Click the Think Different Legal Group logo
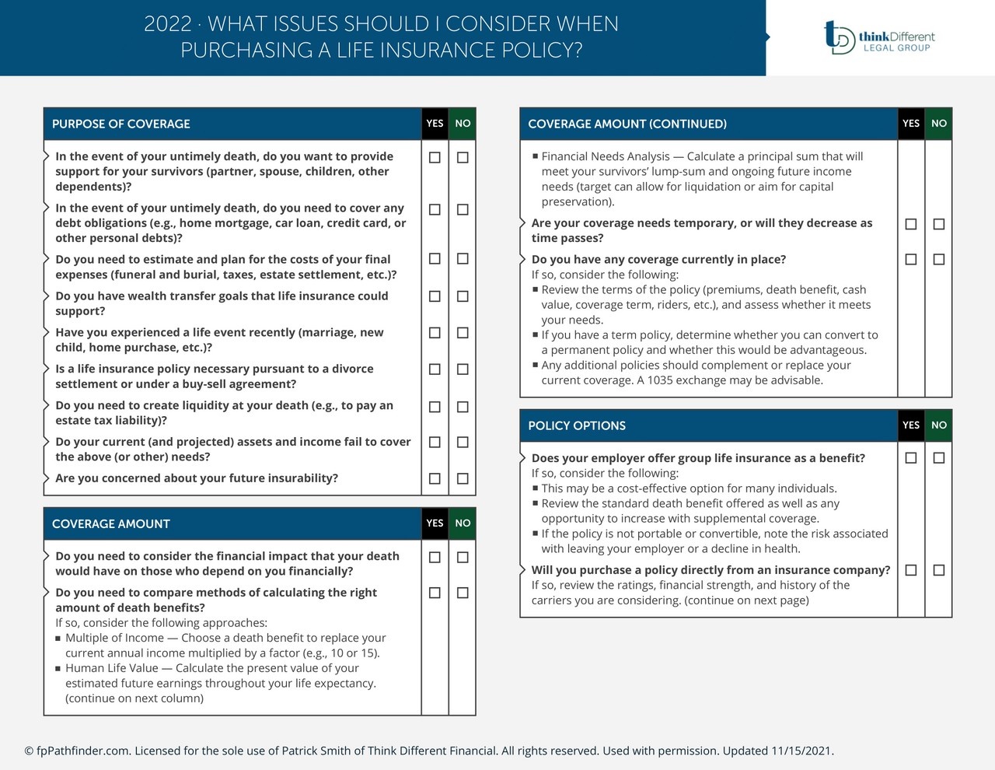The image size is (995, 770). [x=879, y=37]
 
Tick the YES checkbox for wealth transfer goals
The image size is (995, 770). [x=435, y=296]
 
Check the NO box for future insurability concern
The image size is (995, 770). [x=463, y=478]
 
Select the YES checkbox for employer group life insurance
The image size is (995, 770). [x=911, y=458]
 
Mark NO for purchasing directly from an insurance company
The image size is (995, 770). [x=939, y=570]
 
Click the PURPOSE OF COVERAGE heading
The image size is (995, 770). [x=121, y=124]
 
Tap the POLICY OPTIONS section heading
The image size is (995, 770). [x=577, y=425]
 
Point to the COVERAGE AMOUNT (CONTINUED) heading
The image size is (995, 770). [x=627, y=124]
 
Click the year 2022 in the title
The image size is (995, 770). [x=167, y=24]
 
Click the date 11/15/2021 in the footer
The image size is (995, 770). [x=801, y=751]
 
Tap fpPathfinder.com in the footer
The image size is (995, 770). [x=82, y=751]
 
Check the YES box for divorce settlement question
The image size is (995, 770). [x=435, y=369]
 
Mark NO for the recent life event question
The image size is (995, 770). [x=463, y=333]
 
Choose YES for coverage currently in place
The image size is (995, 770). [x=911, y=259]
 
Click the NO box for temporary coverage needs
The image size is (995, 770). [x=939, y=224]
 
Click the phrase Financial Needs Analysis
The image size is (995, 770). [x=606, y=156]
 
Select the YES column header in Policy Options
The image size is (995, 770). [x=911, y=425]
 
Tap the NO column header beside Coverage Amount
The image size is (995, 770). [x=463, y=523]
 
